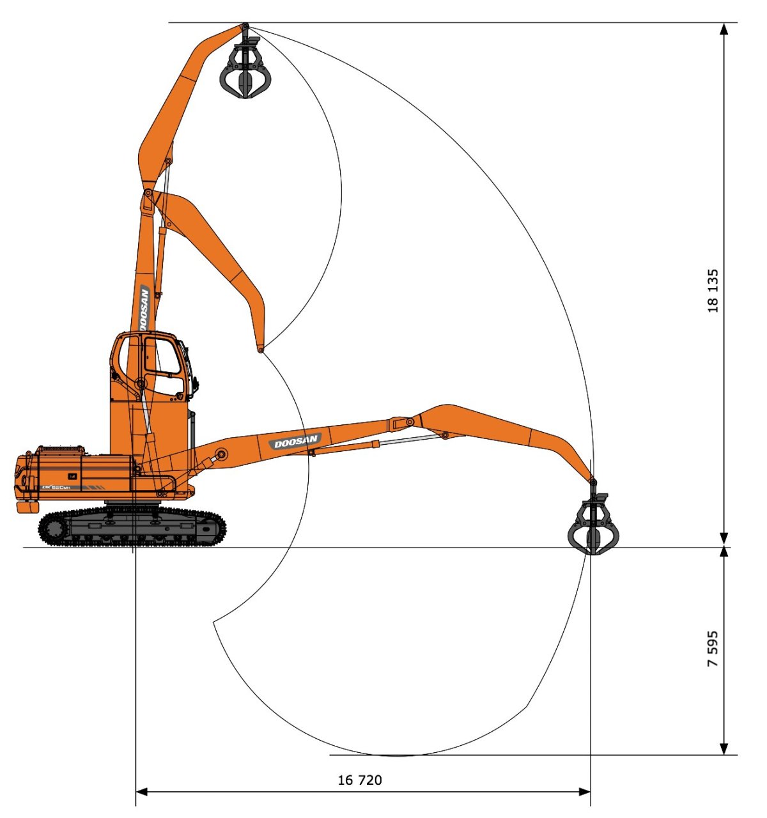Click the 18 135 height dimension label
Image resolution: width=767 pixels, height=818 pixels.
pos(713,291)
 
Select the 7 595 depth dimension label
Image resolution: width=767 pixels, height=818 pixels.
pos(713,649)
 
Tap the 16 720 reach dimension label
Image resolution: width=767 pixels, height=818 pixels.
pos(360,780)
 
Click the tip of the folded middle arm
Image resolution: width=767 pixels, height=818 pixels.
pos(261,349)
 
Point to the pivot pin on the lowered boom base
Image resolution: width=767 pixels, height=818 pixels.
pos(221,454)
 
